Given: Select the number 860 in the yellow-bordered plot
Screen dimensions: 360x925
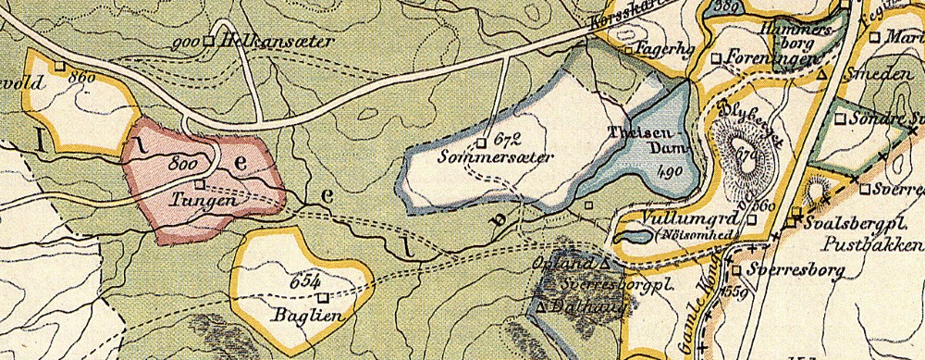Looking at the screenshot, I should point(81,78).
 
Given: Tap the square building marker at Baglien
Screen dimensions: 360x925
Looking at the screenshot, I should point(323,298).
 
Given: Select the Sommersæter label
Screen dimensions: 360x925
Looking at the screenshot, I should point(509,158).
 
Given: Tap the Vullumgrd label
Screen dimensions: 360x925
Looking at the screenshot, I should point(677,221).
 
